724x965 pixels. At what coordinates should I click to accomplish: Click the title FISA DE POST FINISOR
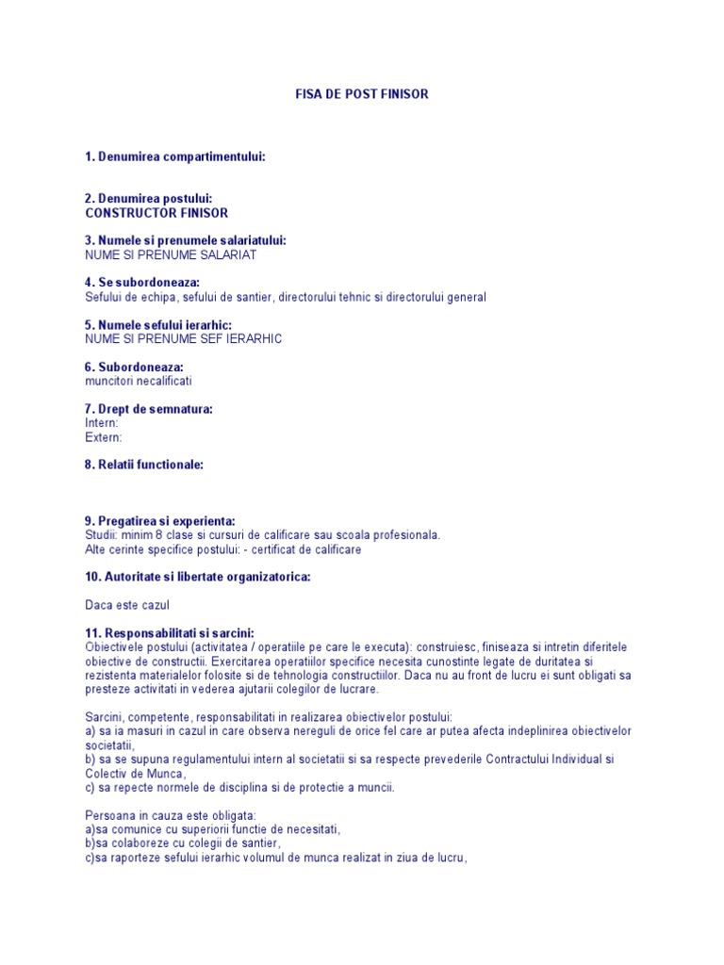pyautogui.click(x=362, y=94)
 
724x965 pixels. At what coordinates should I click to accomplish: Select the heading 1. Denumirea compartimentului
pyautogui.click(x=174, y=156)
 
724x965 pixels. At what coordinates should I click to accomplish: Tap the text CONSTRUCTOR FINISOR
pyautogui.click(x=156, y=213)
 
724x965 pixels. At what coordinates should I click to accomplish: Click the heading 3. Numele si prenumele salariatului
pyautogui.click(x=186, y=240)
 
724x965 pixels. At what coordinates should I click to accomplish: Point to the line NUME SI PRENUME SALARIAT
pyautogui.click(x=171, y=254)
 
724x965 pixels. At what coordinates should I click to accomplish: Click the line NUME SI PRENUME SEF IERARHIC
pyautogui.click(x=183, y=338)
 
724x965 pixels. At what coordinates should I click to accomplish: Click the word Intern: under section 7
pyautogui.click(x=102, y=423)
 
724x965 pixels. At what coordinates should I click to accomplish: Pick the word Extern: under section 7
pyautogui.click(x=104, y=437)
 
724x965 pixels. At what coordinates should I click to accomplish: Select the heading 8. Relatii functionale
pyautogui.click(x=144, y=465)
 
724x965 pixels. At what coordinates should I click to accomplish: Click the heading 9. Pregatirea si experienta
pyautogui.click(x=160, y=521)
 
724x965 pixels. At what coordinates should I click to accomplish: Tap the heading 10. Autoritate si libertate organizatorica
pyautogui.click(x=197, y=577)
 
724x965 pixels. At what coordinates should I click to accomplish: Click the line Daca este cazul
pyautogui.click(x=127, y=605)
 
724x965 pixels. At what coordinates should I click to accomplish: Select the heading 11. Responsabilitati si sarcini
pyautogui.click(x=170, y=633)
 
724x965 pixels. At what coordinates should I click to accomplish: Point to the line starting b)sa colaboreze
pyautogui.click(x=183, y=842)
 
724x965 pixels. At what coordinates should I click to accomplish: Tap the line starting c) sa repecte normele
pyautogui.click(x=239, y=787)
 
